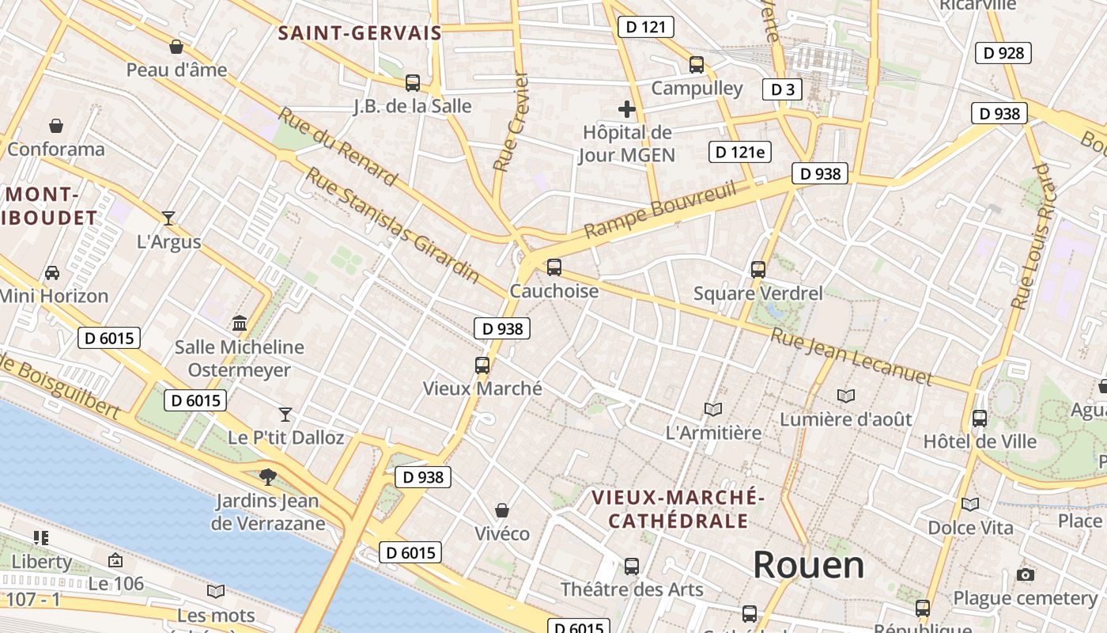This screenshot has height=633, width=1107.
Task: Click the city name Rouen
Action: (x=808, y=565)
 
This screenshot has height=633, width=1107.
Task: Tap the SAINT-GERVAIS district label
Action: (x=360, y=33)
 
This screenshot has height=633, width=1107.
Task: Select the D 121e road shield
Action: (x=739, y=152)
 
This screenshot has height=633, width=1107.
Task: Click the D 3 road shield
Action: (x=782, y=89)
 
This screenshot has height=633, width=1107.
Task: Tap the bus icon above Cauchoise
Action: (x=554, y=267)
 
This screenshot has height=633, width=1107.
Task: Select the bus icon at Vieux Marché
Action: (x=482, y=365)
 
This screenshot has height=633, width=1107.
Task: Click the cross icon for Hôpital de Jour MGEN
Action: (x=627, y=109)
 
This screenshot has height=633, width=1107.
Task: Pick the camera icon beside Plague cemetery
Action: (x=1026, y=574)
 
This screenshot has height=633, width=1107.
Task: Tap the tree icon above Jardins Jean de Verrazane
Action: (x=268, y=476)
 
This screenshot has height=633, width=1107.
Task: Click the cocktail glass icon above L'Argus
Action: (x=168, y=218)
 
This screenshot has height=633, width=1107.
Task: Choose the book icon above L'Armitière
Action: (x=713, y=409)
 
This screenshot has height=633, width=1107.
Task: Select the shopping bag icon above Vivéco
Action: (x=501, y=510)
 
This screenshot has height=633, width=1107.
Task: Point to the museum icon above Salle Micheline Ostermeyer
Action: (x=240, y=323)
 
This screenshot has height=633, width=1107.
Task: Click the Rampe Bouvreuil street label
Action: (x=660, y=210)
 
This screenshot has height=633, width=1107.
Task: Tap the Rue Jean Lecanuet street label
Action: (x=852, y=357)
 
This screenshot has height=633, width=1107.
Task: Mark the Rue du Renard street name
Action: (x=338, y=147)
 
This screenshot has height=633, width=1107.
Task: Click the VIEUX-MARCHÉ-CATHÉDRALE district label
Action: (x=678, y=509)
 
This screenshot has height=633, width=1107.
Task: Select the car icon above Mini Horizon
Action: (x=52, y=272)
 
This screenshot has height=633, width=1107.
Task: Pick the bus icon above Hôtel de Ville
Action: (x=980, y=418)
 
